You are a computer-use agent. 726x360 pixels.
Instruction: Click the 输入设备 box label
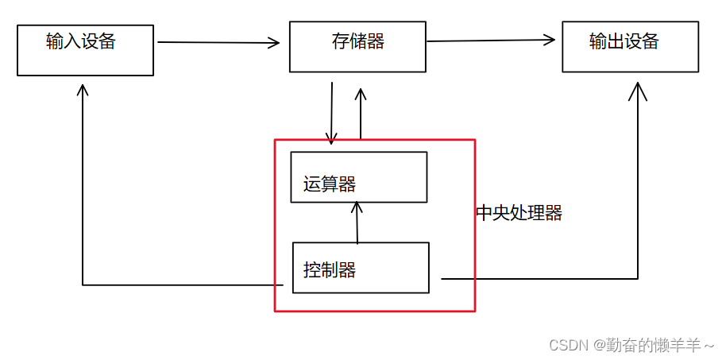(81, 42)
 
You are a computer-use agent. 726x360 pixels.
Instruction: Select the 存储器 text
(357, 42)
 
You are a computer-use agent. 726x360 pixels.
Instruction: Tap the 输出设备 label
(624, 42)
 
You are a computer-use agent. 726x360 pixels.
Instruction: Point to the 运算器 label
(329, 184)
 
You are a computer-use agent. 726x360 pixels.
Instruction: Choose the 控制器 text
(329, 270)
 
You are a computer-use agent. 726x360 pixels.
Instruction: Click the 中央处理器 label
(519, 213)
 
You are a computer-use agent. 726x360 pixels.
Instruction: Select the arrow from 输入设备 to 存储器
(218, 42)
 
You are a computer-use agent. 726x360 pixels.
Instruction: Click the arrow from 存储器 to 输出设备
(490, 40)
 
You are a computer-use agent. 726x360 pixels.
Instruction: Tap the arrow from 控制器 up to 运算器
(357, 223)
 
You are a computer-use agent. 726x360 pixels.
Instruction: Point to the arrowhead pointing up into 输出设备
(638, 91)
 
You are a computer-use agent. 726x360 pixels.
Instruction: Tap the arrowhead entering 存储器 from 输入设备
(274, 43)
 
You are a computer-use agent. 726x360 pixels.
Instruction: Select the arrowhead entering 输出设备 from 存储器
(549, 39)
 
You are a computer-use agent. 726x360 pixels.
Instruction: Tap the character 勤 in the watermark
(615, 345)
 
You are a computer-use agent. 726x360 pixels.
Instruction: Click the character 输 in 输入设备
(55, 42)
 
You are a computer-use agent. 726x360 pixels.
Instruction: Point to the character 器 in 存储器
(375, 42)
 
